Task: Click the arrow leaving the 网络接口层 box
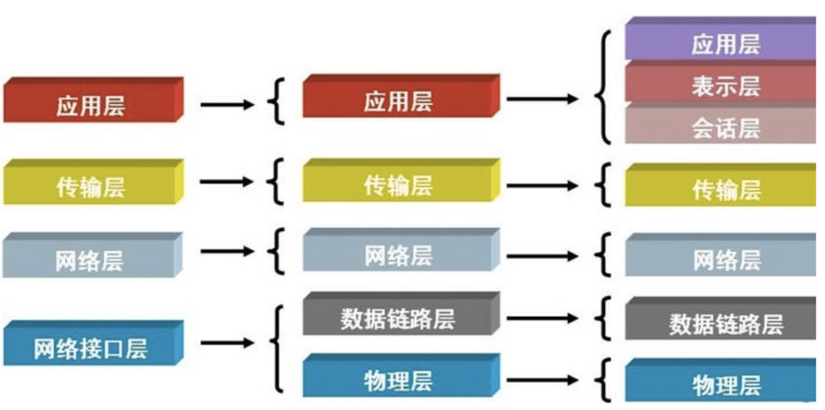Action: point(227,343)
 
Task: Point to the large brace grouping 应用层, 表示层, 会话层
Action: point(604,87)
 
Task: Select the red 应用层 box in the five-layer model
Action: point(398,101)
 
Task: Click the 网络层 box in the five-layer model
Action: point(398,255)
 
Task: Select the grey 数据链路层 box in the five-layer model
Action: point(398,318)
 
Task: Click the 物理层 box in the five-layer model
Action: point(398,380)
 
